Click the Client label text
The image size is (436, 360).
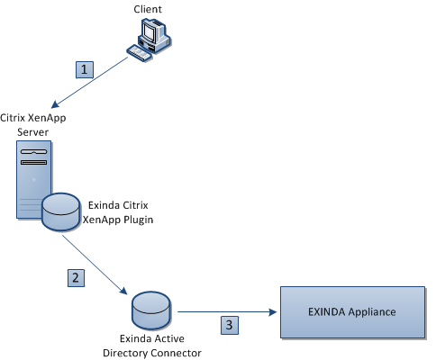pyautogui.click(x=148, y=9)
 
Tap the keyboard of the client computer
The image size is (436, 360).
pyautogui.click(x=139, y=53)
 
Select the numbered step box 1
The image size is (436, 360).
pyautogui.click(x=85, y=69)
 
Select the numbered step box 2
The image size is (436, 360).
pyautogui.click(x=76, y=278)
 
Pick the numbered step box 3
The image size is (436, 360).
pyautogui.click(x=230, y=325)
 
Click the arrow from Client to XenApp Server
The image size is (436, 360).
pyautogui.click(x=89, y=82)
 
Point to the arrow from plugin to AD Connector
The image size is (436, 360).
pyautogui.click(x=95, y=265)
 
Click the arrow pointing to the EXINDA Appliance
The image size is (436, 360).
pyautogui.click(x=227, y=312)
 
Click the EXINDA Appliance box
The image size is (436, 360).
pyautogui.click(x=352, y=312)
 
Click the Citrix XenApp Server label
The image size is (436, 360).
pyautogui.click(x=33, y=124)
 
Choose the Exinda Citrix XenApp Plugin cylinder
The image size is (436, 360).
pyautogui.click(x=60, y=211)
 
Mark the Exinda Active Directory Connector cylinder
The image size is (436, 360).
pyautogui.click(x=151, y=310)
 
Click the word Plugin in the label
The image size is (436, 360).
pyautogui.click(x=139, y=220)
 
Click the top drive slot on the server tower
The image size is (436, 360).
pyautogui.click(x=33, y=151)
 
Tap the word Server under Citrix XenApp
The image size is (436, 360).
pyautogui.click(x=32, y=132)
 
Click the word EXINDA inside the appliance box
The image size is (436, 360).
pyautogui.click(x=327, y=312)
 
